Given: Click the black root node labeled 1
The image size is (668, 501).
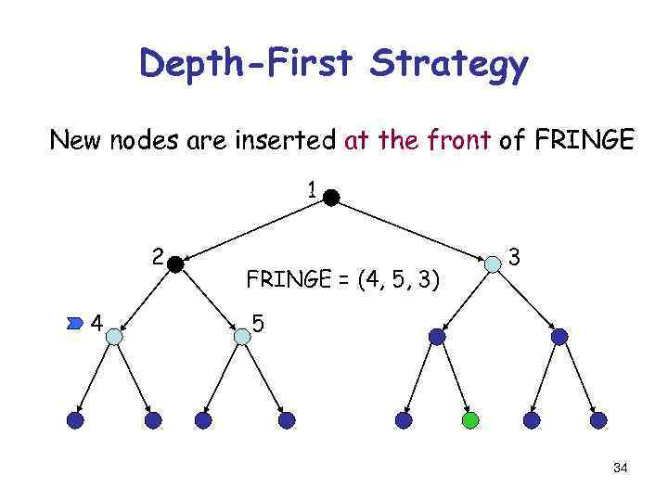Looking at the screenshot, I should point(331,197).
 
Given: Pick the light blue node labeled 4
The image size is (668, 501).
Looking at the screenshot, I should point(114,337).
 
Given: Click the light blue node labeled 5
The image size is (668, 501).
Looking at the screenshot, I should point(242,337).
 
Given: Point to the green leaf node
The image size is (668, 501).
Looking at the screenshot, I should point(470,420).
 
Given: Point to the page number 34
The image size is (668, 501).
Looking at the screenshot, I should point(620,469).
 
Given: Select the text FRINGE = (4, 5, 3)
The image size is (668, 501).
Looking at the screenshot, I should point(342,278).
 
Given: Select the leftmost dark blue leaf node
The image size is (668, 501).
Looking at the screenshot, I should point(75,420).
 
